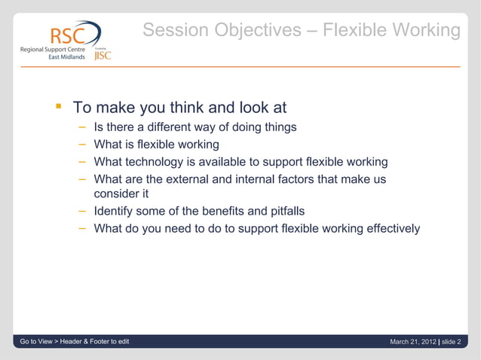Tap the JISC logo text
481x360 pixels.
[x=102, y=55]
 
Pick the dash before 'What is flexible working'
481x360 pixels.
[x=82, y=145]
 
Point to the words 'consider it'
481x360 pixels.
[x=121, y=194]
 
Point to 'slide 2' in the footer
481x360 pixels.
[x=454, y=343]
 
